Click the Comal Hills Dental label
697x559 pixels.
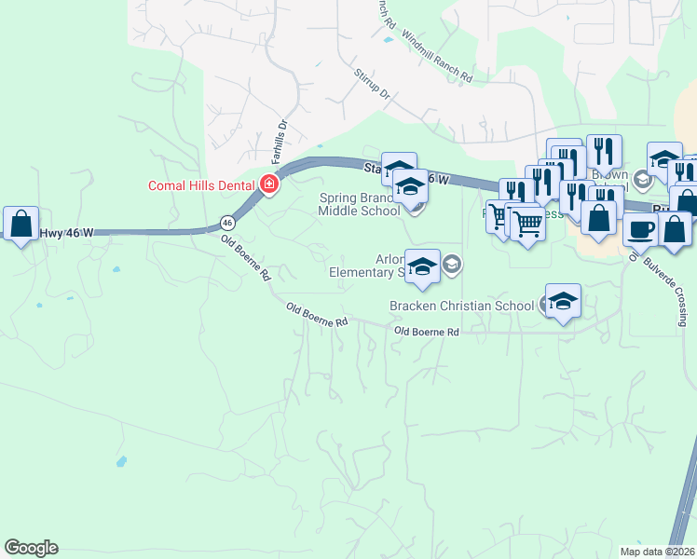201,184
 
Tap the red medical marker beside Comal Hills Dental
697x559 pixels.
268,184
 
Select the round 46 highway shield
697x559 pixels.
226,223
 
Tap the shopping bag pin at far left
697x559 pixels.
20,224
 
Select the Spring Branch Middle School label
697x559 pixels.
359,204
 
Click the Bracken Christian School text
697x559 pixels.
460,305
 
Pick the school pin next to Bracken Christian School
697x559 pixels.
563,301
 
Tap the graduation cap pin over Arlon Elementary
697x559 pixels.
422,266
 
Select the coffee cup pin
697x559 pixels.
639,228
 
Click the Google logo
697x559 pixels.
31,548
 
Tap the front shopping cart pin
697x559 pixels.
527,223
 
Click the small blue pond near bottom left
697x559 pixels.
120,460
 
